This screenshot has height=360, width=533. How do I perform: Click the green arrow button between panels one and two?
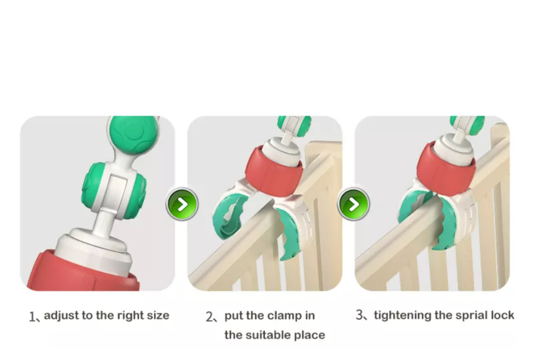(x=182, y=204)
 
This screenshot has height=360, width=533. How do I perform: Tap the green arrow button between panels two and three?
(x=354, y=204)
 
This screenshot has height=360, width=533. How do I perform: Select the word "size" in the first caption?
(x=158, y=316)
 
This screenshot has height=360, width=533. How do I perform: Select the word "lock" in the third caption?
(x=502, y=316)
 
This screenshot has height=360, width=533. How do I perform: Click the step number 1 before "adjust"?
(x=32, y=317)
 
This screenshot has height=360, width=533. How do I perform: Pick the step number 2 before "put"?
(x=210, y=317)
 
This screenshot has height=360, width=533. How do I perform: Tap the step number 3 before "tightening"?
(x=359, y=315)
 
